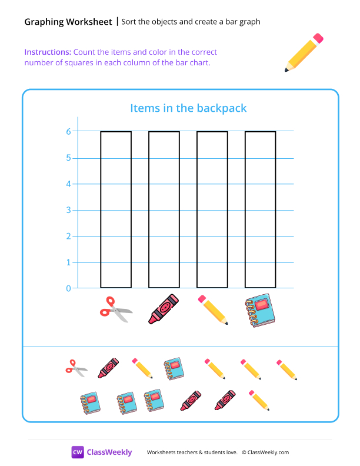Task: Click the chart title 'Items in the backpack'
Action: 188,108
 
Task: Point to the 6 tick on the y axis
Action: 69,132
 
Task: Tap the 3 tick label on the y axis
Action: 69,210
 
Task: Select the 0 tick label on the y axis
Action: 69,288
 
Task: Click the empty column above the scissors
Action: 116,209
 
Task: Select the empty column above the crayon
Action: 164,209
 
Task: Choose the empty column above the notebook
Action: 261,209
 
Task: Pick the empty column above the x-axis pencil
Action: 212,209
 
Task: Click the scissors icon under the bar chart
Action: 116,309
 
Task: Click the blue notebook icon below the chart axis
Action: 260,310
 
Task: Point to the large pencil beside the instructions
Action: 304,52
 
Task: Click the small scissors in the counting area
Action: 76,368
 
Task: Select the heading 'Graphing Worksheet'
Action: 68,22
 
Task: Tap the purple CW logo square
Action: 78,452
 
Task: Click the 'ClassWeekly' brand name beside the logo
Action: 109,452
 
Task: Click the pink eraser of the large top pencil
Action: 318,38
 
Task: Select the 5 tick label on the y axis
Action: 69,158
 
